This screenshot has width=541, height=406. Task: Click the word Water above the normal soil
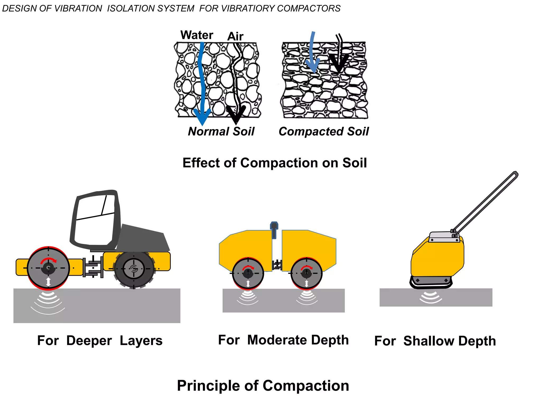point(197,35)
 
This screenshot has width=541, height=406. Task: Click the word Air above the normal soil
point(235,36)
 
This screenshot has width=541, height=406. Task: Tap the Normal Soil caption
point(221,131)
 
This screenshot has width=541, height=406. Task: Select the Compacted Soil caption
point(324,131)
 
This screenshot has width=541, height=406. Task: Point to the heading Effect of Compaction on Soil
point(275,163)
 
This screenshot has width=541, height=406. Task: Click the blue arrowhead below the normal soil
point(202,116)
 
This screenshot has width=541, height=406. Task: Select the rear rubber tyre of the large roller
point(134,269)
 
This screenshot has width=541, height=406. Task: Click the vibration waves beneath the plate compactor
point(431,297)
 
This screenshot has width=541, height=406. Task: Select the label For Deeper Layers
point(100,340)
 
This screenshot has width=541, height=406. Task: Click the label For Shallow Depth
point(435,341)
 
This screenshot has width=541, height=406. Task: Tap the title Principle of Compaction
point(263,386)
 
